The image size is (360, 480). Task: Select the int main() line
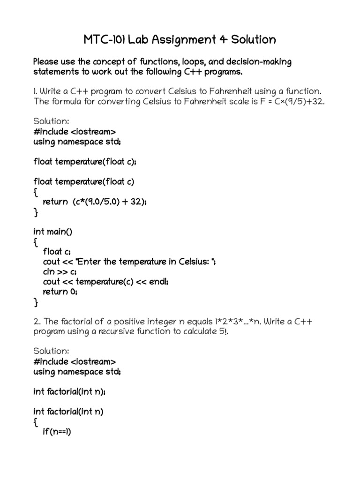tap(53, 232)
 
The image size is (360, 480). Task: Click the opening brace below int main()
tap(36, 242)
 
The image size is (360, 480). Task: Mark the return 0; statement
tap(60, 292)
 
